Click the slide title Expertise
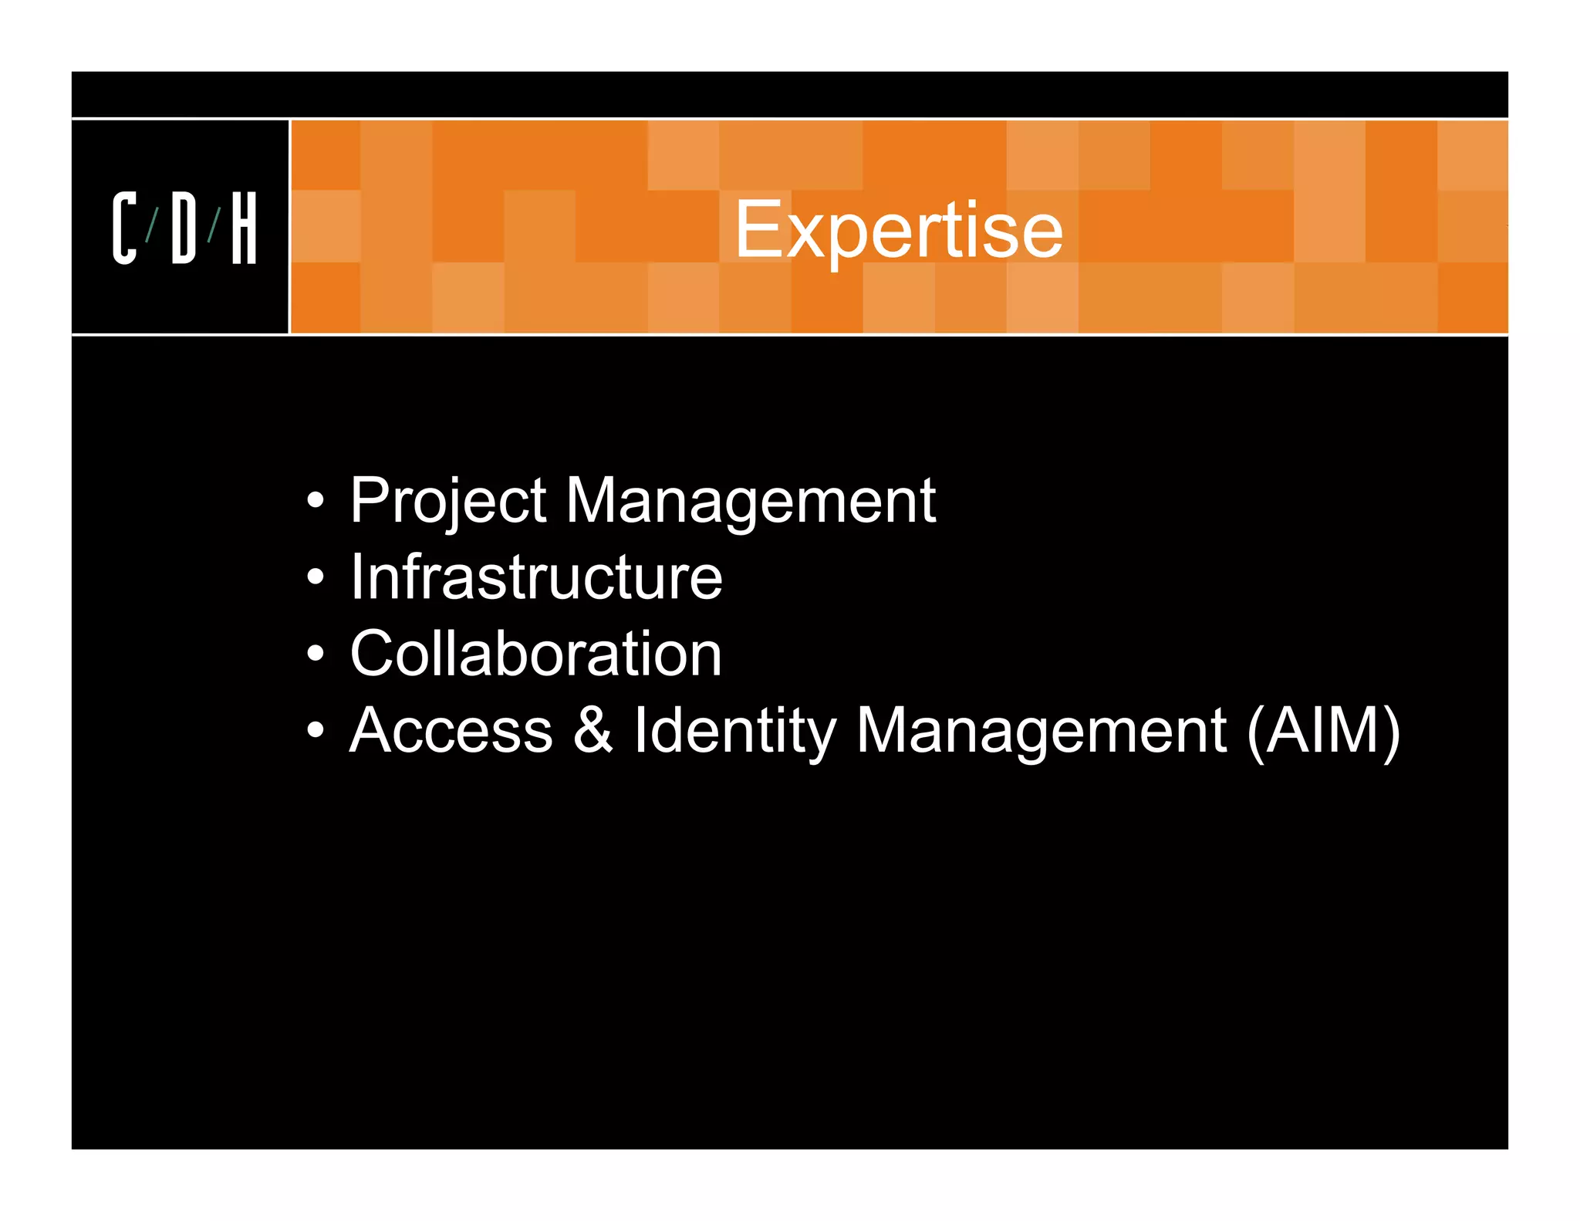tap(898, 229)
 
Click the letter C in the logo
tap(124, 228)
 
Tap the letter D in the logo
tap(184, 228)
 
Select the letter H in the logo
tap(244, 228)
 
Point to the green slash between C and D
tap(153, 225)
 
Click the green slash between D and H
tap(214, 225)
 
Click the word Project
tap(448, 502)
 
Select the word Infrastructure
tap(536, 577)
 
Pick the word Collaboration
tap(535, 654)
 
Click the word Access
tap(451, 730)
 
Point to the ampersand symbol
tap(592, 730)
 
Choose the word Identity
tap(734, 732)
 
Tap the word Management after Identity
tap(1041, 732)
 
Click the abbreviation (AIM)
tap(1323, 732)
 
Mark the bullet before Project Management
tap(315, 501)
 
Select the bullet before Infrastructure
tap(315, 577)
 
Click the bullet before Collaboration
tap(315, 653)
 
